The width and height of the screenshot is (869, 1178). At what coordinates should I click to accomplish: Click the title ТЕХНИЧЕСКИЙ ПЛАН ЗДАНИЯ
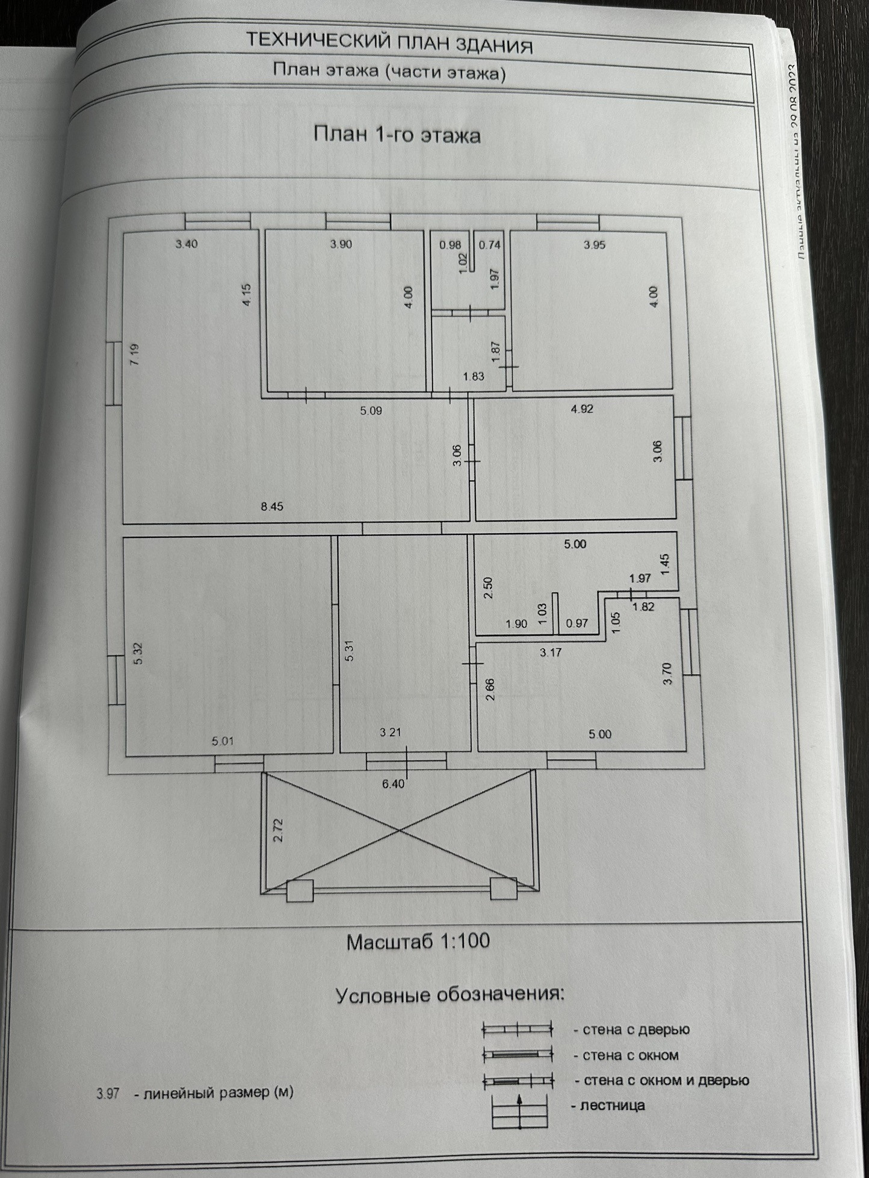(389, 44)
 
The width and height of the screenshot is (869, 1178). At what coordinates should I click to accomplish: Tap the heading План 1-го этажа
(397, 135)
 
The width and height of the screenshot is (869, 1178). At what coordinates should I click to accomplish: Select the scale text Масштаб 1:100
(418, 941)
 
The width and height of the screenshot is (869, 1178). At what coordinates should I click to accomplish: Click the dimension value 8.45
(272, 507)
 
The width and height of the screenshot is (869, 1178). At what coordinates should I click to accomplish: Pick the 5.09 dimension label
(371, 412)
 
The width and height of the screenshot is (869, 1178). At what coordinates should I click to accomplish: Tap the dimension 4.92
(582, 409)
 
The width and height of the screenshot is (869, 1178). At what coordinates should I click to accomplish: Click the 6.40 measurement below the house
(394, 784)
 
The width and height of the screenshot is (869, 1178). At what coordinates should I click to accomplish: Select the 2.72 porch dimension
(278, 830)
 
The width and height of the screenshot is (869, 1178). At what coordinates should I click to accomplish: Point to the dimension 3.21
(391, 733)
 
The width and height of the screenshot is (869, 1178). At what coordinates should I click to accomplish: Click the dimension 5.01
(223, 741)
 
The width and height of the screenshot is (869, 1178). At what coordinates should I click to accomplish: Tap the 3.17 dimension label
(551, 652)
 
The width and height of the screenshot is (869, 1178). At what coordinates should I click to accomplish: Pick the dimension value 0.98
(450, 245)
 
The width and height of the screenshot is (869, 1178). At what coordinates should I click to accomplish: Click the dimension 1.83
(474, 377)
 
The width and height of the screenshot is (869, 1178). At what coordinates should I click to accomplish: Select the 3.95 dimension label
(595, 245)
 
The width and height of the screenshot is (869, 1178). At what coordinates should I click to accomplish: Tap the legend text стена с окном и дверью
(662, 1081)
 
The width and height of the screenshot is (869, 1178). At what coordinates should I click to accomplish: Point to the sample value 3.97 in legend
(108, 1093)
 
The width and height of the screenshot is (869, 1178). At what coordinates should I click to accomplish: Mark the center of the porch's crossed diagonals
(399, 830)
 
